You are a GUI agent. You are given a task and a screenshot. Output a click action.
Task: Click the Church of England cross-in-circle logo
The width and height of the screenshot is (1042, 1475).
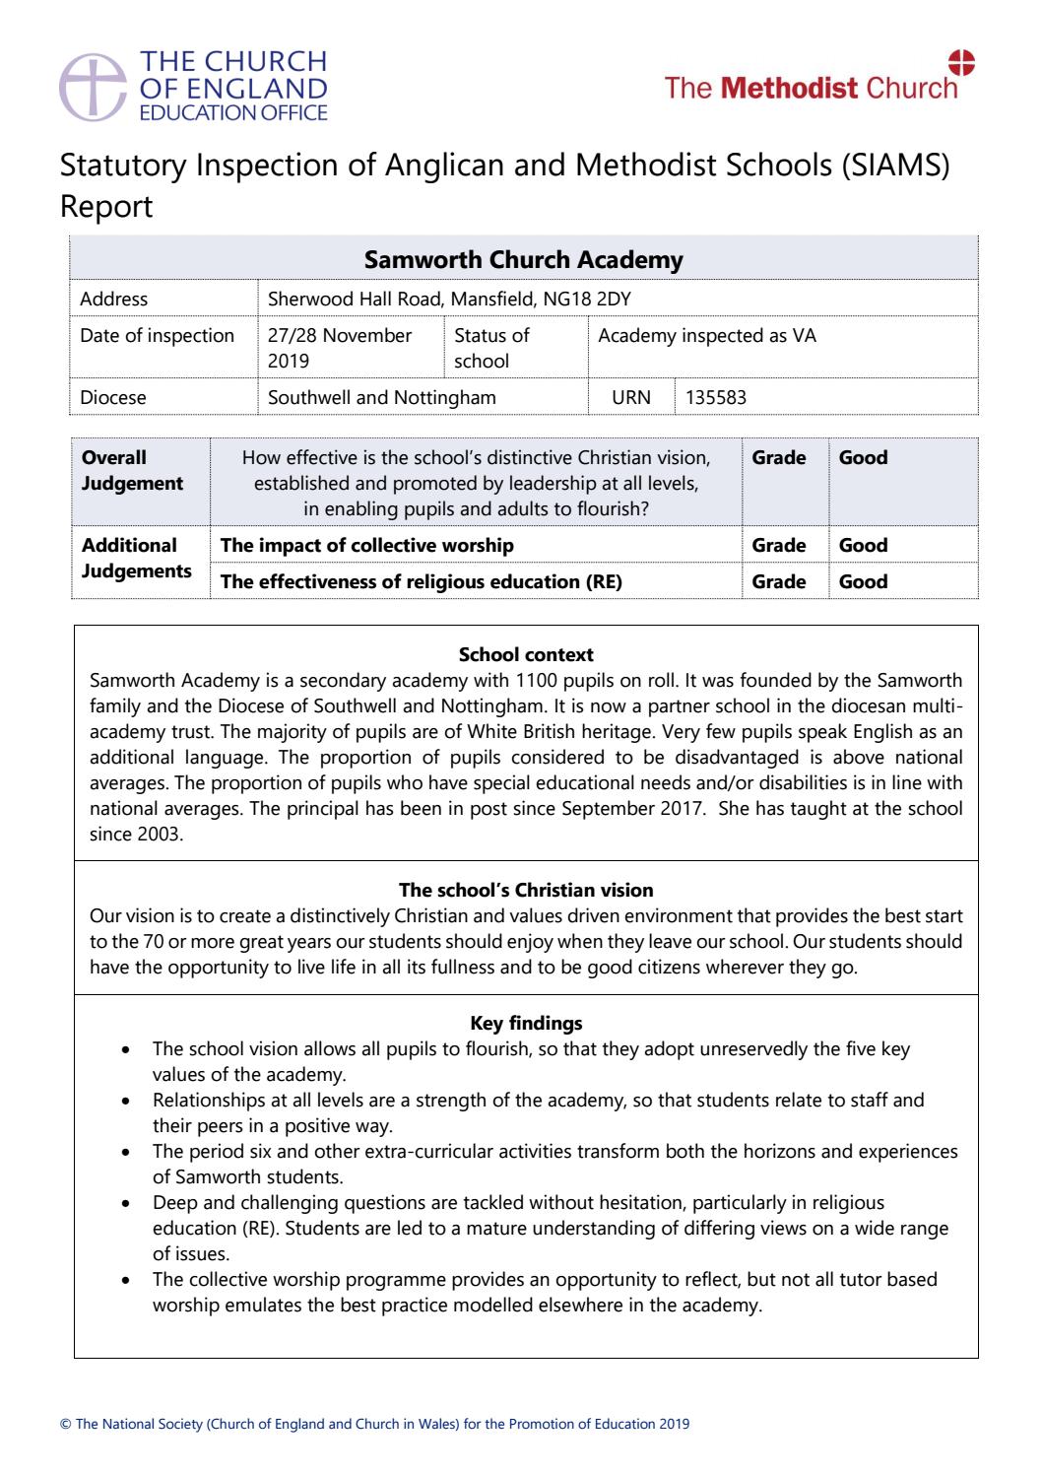point(94,85)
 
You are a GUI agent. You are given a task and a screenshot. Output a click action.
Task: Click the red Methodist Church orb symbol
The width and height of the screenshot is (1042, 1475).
point(961,62)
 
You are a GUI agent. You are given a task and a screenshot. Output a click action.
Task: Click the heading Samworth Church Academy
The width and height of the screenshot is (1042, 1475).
point(523,260)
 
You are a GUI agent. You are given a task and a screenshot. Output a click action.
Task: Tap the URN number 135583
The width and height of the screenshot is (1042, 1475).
point(716,398)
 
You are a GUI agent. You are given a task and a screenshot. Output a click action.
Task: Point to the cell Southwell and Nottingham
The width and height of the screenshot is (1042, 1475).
point(382,398)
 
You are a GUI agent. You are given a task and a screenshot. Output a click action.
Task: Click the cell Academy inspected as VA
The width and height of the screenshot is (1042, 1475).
point(706,335)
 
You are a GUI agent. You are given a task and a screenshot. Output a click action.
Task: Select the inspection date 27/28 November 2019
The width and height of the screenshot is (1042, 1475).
point(340,348)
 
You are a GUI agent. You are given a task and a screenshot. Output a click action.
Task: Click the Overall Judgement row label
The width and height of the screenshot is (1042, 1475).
point(132,470)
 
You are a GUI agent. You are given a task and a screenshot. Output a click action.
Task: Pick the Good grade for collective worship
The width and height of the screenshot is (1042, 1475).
point(863,545)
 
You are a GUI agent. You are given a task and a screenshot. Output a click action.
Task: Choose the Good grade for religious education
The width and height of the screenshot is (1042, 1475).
point(863,581)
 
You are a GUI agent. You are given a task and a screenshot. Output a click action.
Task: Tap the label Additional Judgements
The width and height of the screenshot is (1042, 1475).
point(136,558)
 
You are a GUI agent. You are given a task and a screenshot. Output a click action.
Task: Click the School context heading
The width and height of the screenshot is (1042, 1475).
point(526,654)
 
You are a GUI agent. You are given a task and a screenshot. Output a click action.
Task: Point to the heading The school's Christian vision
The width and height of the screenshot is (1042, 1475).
point(526,890)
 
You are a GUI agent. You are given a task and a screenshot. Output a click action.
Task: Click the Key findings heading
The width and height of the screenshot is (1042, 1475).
point(526,1023)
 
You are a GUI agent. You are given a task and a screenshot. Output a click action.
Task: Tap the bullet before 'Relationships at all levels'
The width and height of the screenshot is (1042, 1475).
point(125,1101)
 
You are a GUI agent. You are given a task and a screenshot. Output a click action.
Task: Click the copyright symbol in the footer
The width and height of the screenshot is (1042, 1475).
point(65,1425)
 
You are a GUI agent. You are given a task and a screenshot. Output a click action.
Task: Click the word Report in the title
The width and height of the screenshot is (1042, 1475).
point(106,207)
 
